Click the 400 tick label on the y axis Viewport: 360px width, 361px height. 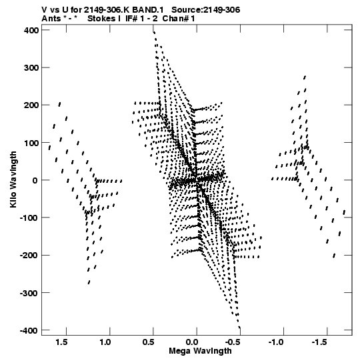pyautogui.click(x=31, y=30)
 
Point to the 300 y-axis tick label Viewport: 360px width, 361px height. pyautogui.click(x=31, y=67)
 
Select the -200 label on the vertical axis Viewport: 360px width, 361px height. pyautogui.click(x=29, y=256)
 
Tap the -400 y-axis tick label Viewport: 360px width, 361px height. pyautogui.click(x=29, y=330)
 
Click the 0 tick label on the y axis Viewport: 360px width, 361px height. pyautogui.click(x=35, y=180)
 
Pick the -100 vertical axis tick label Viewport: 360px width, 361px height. pyautogui.click(x=29, y=218)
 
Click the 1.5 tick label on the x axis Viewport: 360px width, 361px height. pyautogui.click(x=61, y=342)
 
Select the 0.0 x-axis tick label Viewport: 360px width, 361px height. pyautogui.click(x=192, y=342)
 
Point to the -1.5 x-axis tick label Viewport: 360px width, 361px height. pyautogui.click(x=319, y=342)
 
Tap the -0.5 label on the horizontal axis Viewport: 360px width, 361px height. pyautogui.click(x=233, y=342)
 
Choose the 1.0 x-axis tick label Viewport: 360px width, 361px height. pyautogui.click(x=105, y=342)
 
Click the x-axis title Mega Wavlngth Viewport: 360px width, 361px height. pyautogui.click(x=200, y=351)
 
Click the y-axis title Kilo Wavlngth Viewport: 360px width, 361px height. pyautogui.click(x=13, y=179)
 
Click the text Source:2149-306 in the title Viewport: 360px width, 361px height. pyautogui.click(x=206, y=10)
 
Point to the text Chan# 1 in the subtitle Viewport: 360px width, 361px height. pyautogui.click(x=179, y=19)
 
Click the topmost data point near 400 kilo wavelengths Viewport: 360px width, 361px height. pyautogui.click(x=155, y=33)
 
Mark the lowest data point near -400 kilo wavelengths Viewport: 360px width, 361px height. pyautogui.click(x=239, y=327)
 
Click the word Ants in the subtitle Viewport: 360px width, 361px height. pyautogui.click(x=51, y=19)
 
